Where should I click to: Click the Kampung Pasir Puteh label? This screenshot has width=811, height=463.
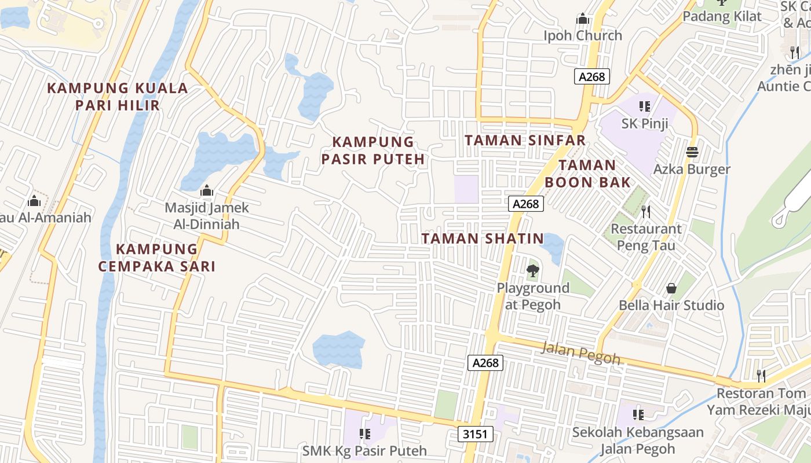tap(373, 150)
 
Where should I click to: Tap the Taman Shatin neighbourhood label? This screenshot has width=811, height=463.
tap(483, 238)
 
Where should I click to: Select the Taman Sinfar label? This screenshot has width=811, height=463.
tap(525, 141)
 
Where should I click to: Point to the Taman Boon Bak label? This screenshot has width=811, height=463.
tap(587, 174)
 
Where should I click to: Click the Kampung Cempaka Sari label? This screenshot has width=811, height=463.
tap(157, 258)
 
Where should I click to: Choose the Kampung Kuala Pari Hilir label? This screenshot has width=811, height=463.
tap(118, 97)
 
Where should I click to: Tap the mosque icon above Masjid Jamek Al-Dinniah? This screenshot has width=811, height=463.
tap(207, 190)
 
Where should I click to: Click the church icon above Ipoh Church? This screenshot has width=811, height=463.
tap(583, 19)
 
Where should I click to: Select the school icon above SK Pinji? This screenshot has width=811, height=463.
tap(645, 106)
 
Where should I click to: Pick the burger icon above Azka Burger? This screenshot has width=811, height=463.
tap(692, 153)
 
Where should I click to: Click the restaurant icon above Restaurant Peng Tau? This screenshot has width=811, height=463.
tap(646, 212)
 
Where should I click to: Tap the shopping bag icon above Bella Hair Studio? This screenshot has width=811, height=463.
tap(671, 288)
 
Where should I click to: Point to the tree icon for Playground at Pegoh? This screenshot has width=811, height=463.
tap(532, 270)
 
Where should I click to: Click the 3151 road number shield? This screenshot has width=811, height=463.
tap(476, 435)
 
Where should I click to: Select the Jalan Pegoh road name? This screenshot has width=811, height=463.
tap(580, 352)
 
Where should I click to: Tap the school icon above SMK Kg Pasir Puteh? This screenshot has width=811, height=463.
tap(365, 433)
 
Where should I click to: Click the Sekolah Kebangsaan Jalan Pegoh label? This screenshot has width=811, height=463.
tap(638, 440)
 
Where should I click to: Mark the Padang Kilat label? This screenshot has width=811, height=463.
tap(722, 16)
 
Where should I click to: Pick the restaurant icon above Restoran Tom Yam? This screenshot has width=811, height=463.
tap(761, 376)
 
